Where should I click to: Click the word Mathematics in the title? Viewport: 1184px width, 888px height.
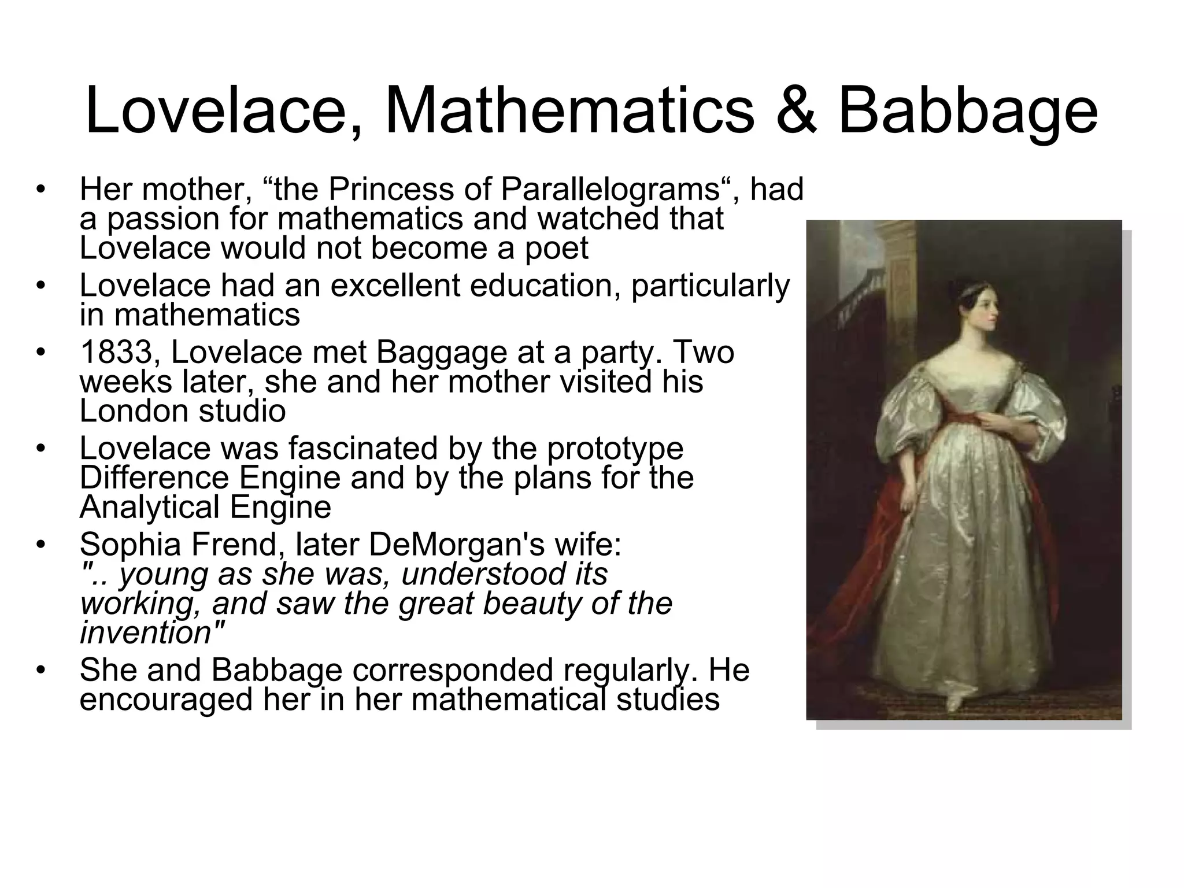coord(569,110)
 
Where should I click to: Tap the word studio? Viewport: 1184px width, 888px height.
coord(243,412)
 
